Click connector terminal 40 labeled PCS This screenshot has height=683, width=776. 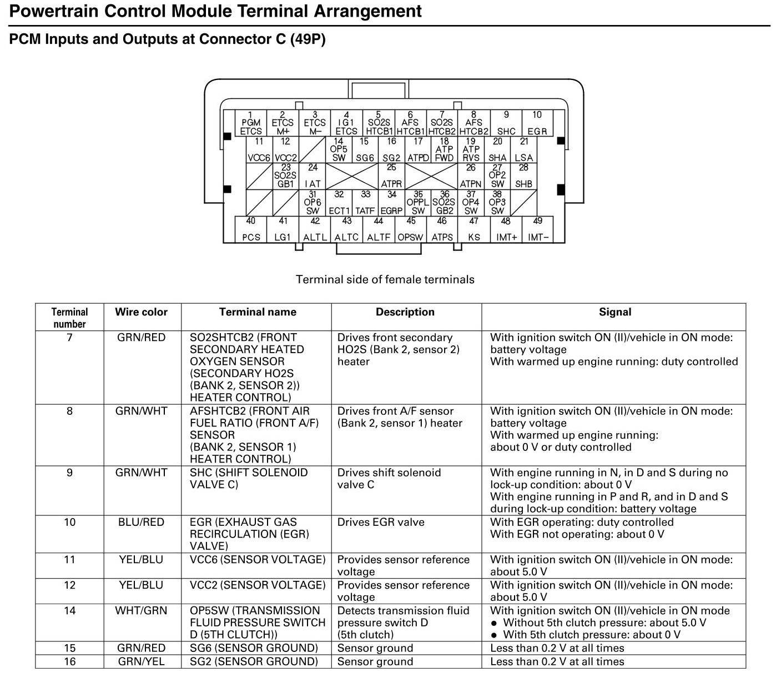click(251, 229)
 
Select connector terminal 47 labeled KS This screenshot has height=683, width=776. click(473, 229)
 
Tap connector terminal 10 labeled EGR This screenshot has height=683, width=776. click(537, 123)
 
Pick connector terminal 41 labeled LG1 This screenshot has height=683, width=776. click(283, 229)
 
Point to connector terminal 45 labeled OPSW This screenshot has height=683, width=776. click(410, 229)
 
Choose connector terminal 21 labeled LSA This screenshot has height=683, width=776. click(523, 150)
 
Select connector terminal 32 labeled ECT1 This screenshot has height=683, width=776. click(339, 203)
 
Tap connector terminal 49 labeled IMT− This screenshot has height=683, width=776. click(538, 229)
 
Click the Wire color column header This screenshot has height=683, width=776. click(141, 312)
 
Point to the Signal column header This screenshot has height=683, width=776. click(614, 312)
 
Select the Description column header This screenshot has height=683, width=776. click(405, 312)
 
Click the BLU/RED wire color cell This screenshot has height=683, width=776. click(141, 523)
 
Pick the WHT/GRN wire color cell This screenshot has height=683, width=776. click(141, 611)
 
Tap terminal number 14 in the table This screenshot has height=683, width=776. click(69, 611)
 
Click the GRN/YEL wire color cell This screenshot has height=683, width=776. click(141, 662)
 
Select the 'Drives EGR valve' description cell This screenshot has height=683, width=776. click(381, 523)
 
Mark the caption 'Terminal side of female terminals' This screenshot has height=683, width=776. click(385, 279)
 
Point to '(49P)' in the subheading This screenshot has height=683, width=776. click(308, 39)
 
